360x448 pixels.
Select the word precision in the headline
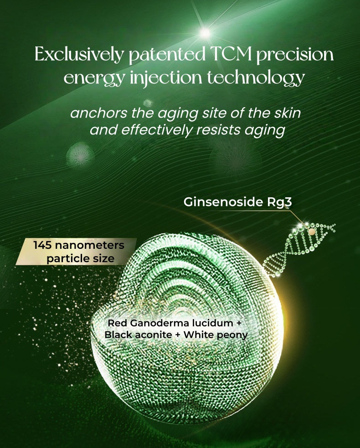point(294,56)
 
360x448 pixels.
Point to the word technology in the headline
point(255,78)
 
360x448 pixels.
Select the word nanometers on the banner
point(90,245)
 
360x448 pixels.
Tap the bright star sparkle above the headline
point(206,33)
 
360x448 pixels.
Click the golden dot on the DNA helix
point(312,232)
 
